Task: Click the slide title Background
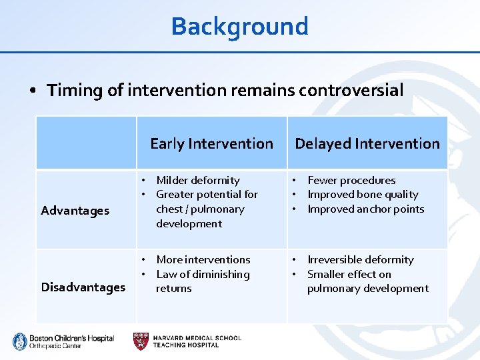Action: [239, 27]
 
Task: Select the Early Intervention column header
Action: [211, 143]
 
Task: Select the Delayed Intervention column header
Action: [367, 143]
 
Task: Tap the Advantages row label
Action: [75, 211]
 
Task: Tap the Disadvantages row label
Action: [83, 287]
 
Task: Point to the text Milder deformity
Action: [197, 180]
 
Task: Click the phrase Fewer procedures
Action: [351, 180]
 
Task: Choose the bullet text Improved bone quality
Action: [363, 195]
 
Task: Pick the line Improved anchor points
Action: [365, 209]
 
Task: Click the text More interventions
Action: [203, 259]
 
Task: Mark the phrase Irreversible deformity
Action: [360, 259]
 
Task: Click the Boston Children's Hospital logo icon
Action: [19, 341]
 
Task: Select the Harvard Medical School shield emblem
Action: [141, 341]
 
